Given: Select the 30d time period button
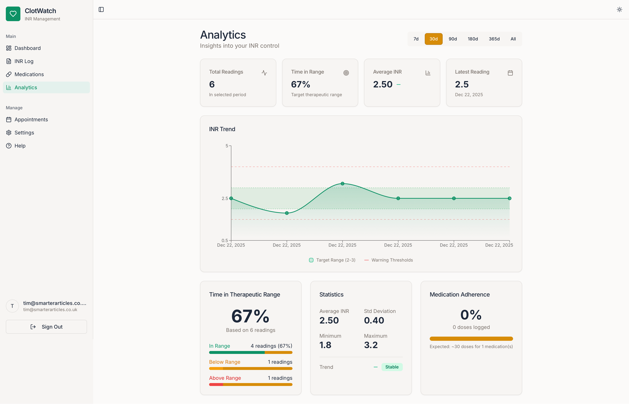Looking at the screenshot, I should (x=434, y=39).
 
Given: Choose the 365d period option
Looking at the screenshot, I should (x=494, y=39).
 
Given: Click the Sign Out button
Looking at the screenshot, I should (x=46, y=327).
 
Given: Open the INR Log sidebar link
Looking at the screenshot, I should (x=24, y=61).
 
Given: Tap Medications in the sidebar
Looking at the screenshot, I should (x=29, y=74).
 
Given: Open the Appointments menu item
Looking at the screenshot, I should (x=31, y=119).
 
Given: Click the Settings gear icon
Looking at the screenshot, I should (x=9, y=132).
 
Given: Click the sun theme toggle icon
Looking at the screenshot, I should (x=619, y=9).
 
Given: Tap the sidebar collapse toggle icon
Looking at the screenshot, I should (x=101, y=9).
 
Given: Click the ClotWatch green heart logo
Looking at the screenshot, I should (x=13, y=14).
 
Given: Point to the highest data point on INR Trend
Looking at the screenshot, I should (x=342, y=184).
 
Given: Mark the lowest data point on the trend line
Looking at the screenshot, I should (x=287, y=213).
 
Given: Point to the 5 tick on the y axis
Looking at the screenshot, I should (x=227, y=146).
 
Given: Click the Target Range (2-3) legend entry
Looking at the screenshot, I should (x=332, y=260).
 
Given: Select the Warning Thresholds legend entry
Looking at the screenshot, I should (x=389, y=260).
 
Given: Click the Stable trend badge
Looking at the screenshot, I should (x=392, y=367).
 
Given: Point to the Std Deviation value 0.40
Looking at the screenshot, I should (x=374, y=320).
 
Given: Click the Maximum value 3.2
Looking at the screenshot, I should (x=371, y=345).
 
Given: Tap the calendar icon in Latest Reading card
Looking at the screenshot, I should (x=510, y=73).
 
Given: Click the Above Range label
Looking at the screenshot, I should (x=225, y=378).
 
